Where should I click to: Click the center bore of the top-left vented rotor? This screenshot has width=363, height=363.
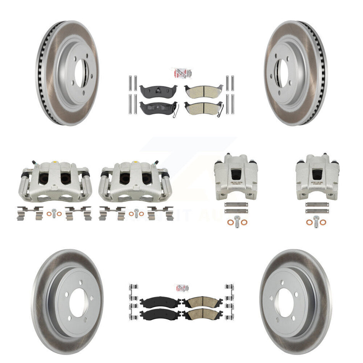point(80,73)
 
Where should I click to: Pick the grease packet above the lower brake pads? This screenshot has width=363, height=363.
point(181,287)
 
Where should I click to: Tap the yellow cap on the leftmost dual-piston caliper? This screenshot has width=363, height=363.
point(54,164)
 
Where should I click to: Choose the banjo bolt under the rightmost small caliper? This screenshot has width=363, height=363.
point(316,221)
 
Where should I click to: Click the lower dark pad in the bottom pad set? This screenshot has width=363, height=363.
point(160,314)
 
